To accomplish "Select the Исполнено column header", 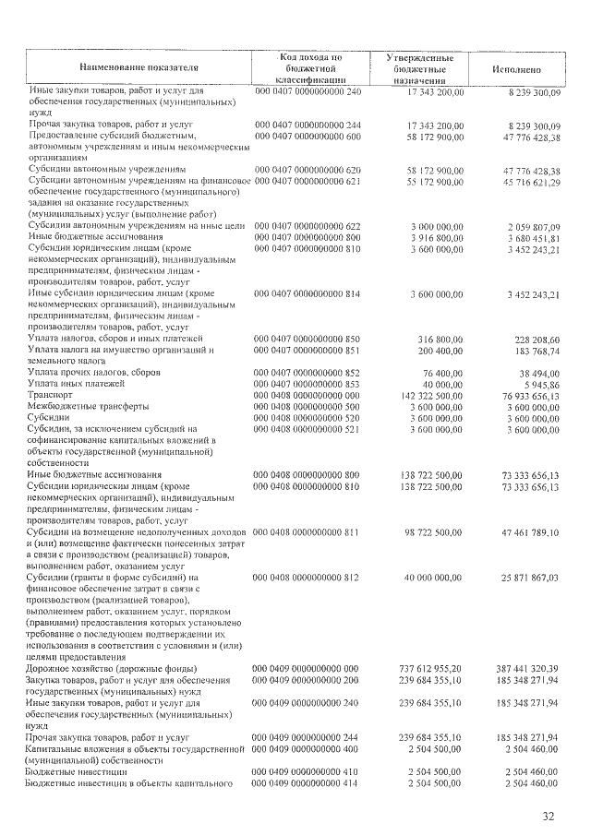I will pyautogui.click(x=524, y=69).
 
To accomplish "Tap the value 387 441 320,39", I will pyautogui.click(x=528, y=667).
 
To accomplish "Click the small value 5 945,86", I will pyautogui.click(x=540, y=382).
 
